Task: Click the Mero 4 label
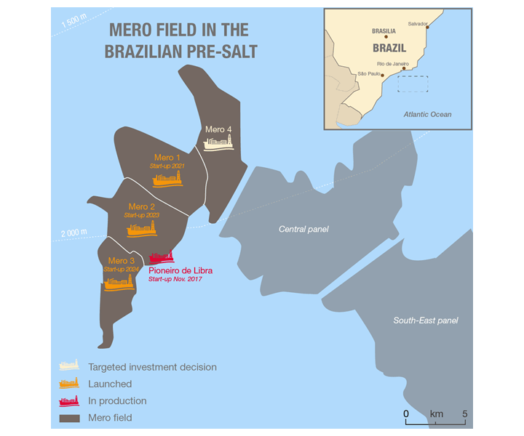coord(218,129)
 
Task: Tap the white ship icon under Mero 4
coord(219,143)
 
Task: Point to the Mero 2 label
coord(141,206)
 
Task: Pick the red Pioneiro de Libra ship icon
coord(162,257)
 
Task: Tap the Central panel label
coord(303,229)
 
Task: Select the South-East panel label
coord(426,320)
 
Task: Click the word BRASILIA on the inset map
coord(383,31)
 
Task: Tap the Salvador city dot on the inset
coord(428,28)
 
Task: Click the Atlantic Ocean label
coord(427,114)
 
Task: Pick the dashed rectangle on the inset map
coord(413,84)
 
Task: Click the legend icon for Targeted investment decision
coord(69,366)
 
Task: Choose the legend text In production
coord(117,400)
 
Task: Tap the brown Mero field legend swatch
coord(69,417)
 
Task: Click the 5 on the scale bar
coord(465,413)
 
